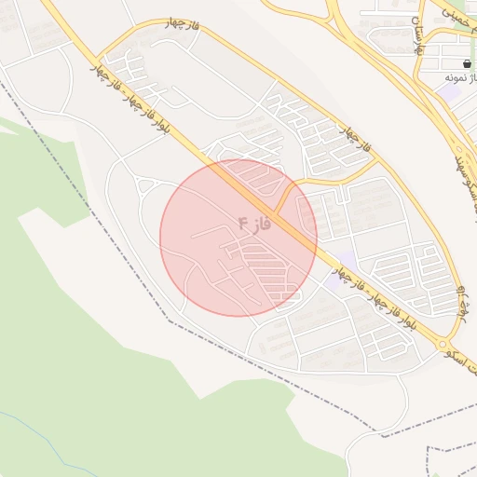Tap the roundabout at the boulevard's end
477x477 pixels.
pos(441,345)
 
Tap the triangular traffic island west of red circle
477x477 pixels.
pos(144,186)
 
